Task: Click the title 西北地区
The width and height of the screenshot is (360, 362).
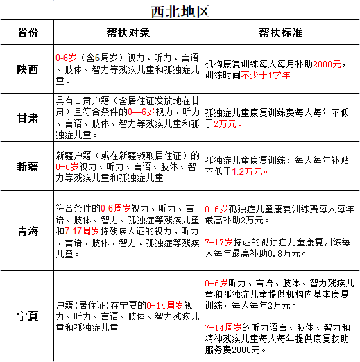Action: pyautogui.click(x=180, y=12)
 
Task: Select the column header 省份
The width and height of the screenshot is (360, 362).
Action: pyautogui.click(x=28, y=33)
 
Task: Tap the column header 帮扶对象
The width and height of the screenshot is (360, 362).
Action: pyautogui.click(x=127, y=33)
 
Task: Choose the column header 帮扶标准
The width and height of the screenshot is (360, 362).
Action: pyautogui.click(x=279, y=33)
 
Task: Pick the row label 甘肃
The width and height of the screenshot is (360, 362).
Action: pyautogui.click(x=28, y=117)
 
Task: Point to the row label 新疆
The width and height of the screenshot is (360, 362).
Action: pyautogui.click(x=28, y=166)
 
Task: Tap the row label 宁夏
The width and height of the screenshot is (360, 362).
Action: pyautogui.click(x=28, y=316)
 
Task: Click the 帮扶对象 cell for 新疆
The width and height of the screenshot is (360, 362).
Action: pyautogui.click(x=127, y=166)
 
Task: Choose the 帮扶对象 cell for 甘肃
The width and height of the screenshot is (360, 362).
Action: pyautogui.click(x=127, y=117)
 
